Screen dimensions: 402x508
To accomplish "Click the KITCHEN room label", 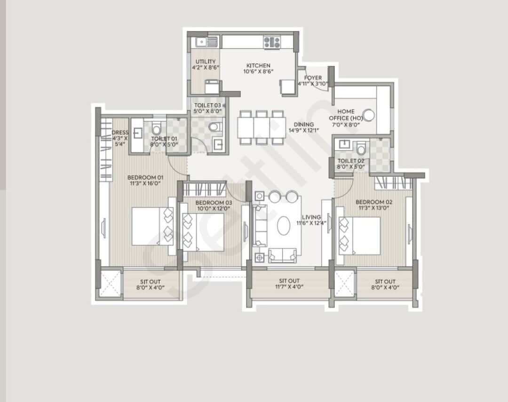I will (258, 65).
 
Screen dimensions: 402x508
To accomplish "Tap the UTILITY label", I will (206, 62).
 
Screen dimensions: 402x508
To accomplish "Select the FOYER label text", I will (313, 78).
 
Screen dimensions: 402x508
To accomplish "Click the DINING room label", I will (304, 125).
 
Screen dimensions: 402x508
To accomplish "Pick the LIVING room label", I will (311, 217).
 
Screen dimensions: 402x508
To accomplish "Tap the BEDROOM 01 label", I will (145, 177).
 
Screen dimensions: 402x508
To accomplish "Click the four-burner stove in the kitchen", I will (272, 42).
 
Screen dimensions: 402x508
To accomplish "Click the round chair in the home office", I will (369, 115).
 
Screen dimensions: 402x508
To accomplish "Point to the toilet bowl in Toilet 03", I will (214, 126).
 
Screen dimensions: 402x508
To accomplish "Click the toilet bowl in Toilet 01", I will (156, 129).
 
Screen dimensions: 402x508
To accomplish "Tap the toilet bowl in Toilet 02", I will (361, 150).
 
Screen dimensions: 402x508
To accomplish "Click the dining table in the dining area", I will (261, 127).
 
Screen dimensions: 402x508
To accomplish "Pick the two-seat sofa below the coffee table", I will (282, 255).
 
